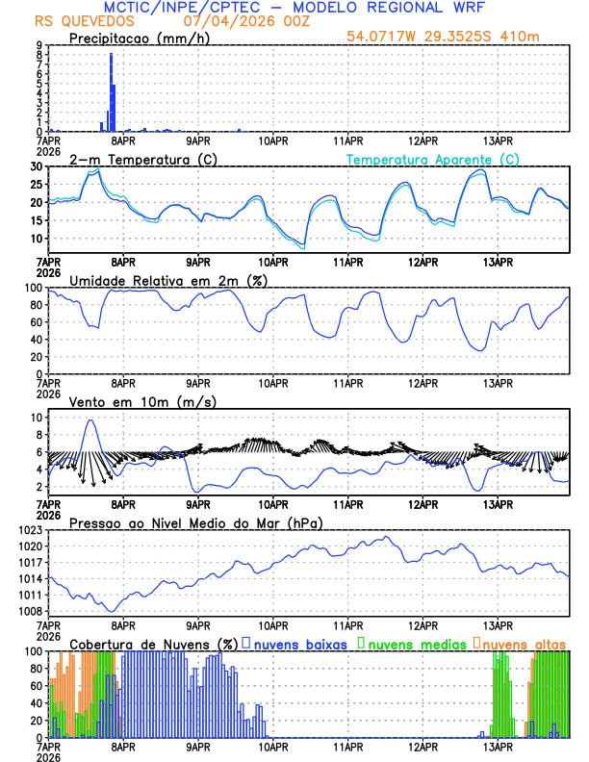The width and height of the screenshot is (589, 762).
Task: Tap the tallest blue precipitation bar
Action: coord(112,91)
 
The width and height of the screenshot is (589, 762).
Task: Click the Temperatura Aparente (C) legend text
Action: coord(432,159)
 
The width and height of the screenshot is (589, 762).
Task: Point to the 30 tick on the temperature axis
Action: coord(38,166)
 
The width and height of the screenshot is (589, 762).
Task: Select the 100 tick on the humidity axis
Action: coord(35,288)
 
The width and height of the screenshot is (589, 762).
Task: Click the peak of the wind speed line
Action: coord(90,419)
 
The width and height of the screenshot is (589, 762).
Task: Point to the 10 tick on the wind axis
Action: coord(38,418)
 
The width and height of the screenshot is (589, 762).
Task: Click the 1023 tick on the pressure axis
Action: coord(31,530)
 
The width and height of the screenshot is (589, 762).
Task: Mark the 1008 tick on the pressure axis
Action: coord(31,611)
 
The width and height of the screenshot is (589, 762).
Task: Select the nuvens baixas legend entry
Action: coord(296,643)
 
